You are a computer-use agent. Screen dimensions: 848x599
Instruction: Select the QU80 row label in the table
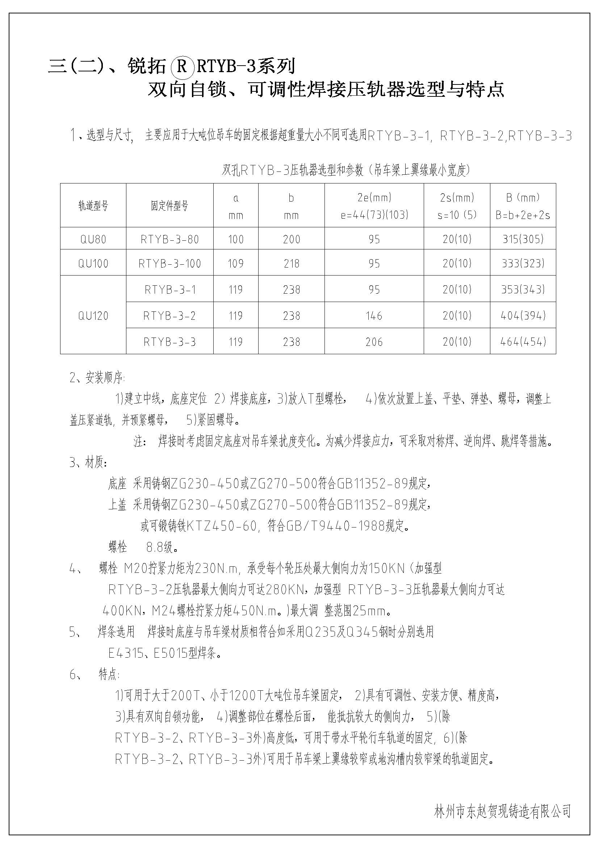pyautogui.click(x=93, y=239)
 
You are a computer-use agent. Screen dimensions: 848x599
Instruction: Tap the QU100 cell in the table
pyautogui.click(x=93, y=263)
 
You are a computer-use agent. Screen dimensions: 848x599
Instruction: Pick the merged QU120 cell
pyautogui.click(x=93, y=316)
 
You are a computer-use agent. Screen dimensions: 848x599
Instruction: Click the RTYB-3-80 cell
pyautogui.click(x=169, y=239)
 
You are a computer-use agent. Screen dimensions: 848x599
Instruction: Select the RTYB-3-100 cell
pyautogui.click(x=169, y=263)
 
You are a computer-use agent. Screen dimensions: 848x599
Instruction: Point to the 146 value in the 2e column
pyautogui.click(x=374, y=316)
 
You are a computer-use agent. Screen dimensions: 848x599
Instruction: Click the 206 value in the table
pyautogui.click(x=374, y=342)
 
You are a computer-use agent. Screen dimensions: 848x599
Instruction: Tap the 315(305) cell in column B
pyautogui.click(x=523, y=239)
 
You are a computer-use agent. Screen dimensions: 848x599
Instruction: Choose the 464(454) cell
pyautogui.click(x=523, y=342)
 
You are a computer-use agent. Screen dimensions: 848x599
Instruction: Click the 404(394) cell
pyautogui.click(x=523, y=316)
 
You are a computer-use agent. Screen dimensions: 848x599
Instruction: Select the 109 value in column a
pyautogui.click(x=236, y=263)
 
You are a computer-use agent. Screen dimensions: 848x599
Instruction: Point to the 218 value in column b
pyautogui.click(x=292, y=263)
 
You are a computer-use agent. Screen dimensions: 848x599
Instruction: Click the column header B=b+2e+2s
pyautogui.click(x=523, y=215)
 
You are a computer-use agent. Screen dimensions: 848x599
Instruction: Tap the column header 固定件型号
pyautogui.click(x=169, y=206)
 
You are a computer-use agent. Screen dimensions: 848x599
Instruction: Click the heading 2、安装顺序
pyautogui.click(x=97, y=378)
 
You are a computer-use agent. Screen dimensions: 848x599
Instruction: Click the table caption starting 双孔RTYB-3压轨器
pyautogui.click(x=345, y=170)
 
